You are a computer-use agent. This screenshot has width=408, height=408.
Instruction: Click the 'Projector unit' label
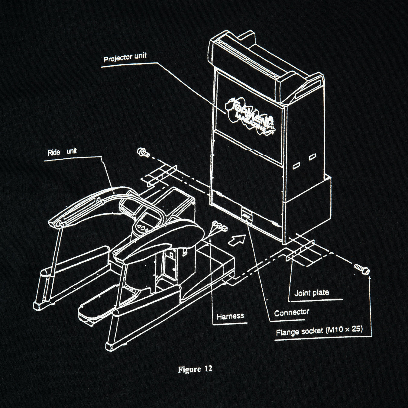point(125,57)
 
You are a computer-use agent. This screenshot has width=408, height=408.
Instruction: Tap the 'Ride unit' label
point(62,152)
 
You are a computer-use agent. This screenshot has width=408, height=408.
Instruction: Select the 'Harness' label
point(230,316)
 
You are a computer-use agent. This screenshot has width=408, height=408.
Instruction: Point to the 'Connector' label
point(292,312)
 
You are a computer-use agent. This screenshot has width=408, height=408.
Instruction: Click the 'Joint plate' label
point(312,293)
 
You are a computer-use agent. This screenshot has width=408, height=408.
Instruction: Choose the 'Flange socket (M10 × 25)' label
point(319,331)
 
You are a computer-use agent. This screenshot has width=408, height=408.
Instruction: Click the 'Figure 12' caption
point(195,369)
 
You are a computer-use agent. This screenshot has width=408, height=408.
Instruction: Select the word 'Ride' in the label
point(54,152)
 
